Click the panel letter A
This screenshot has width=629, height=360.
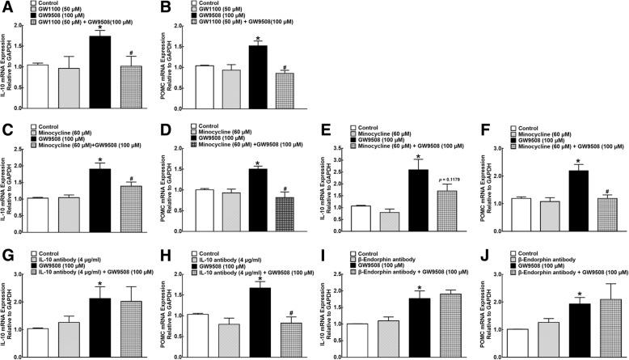pos(6,6)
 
